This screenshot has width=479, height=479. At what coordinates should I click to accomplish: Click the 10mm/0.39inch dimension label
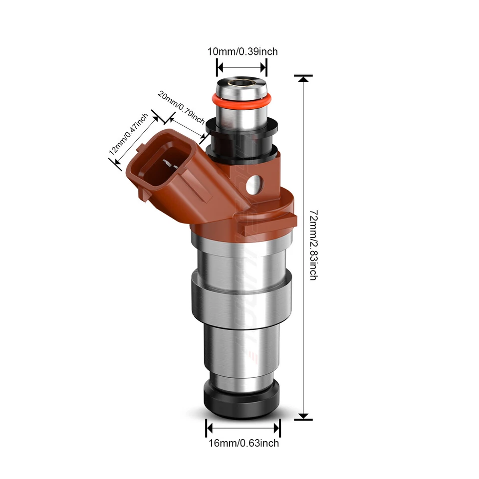242,51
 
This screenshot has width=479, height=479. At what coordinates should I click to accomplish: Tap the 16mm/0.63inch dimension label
243,443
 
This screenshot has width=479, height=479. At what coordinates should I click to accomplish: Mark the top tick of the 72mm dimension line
303,76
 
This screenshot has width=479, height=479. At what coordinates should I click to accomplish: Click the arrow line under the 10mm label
242,66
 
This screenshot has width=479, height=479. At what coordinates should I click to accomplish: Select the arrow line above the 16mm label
243,428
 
